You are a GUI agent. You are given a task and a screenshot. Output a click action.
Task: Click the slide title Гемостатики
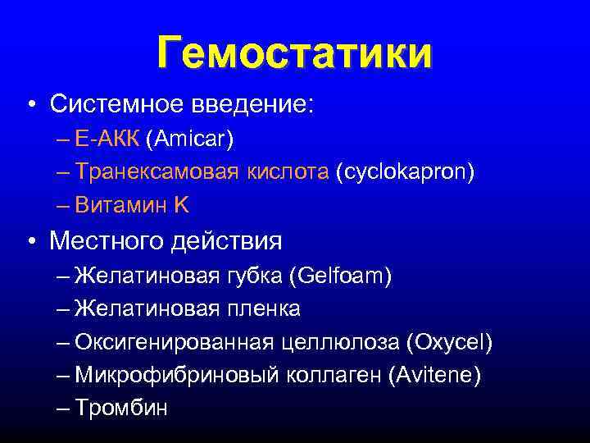click(294, 53)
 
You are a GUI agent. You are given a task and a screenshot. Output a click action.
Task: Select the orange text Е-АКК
click(107, 139)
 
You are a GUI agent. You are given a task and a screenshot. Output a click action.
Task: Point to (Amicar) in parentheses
click(189, 139)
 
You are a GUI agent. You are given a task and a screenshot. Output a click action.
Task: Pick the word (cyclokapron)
click(404, 172)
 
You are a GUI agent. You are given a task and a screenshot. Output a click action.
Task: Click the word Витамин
click(120, 206)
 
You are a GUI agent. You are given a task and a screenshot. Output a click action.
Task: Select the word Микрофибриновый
click(164, 375)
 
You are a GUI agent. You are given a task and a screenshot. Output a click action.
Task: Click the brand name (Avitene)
click(435, 375)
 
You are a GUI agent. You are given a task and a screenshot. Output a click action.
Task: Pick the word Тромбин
click(120, 409)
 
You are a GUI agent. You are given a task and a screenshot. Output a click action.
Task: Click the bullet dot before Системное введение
click(30, 105)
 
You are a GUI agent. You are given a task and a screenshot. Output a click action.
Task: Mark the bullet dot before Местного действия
click(30, 241)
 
